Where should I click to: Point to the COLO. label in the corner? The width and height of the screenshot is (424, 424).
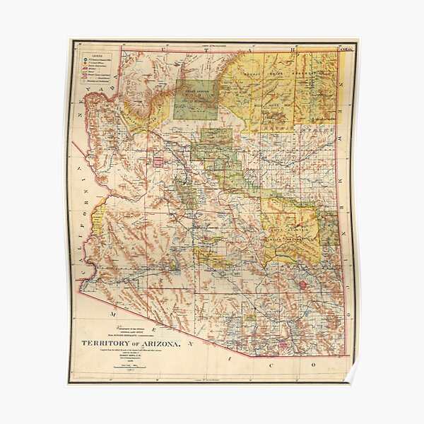coord(346,49)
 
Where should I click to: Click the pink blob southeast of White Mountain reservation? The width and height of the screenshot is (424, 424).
coord(304,284)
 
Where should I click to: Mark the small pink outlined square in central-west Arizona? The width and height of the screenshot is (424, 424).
coord(159,162)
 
